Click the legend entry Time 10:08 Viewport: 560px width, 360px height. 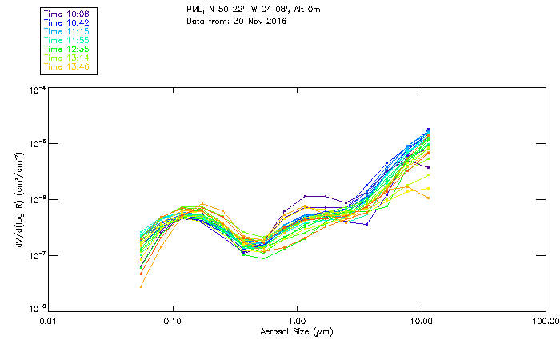tap(66, 14)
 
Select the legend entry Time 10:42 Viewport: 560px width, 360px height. tap(66, 22)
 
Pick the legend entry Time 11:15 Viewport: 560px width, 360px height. tap(66, 31)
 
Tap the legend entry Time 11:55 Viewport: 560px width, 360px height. tap(66, 40)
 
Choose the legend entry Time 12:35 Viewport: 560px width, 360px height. tap(66, 49)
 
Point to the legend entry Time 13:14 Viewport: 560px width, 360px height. tap(66, 58)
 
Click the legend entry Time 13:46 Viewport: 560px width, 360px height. tap(66, 66)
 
